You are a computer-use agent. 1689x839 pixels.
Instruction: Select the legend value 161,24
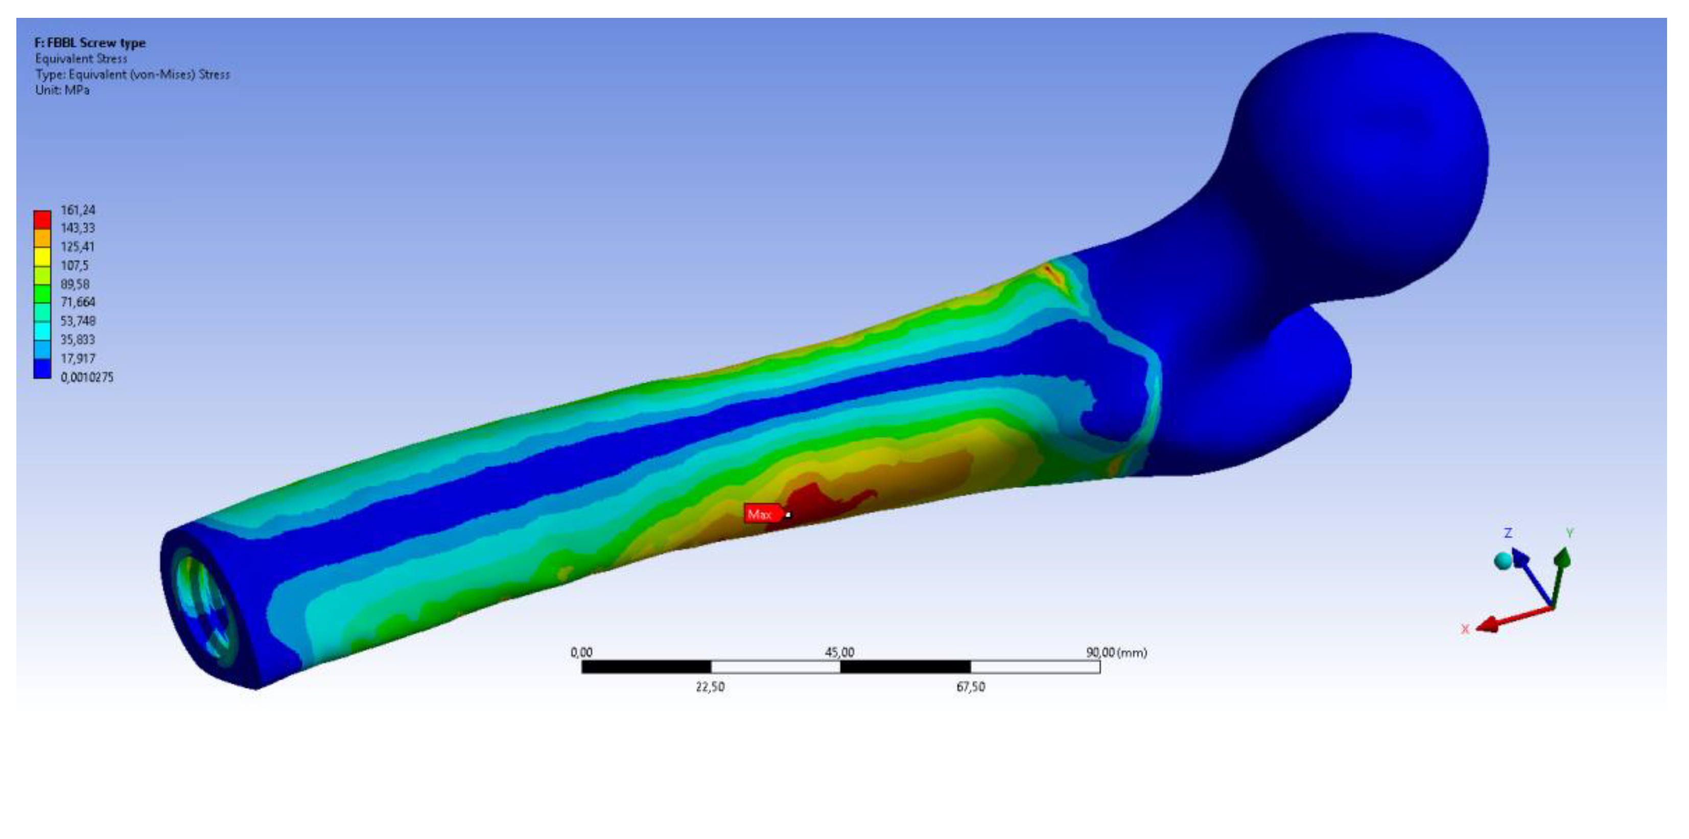pyautogui.click(x=78, y=210)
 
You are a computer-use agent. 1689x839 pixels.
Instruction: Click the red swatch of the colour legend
pyautogui.click(x=42, y=219)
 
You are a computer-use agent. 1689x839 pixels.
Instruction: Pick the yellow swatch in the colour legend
pyautogui.click(x=42, y=256)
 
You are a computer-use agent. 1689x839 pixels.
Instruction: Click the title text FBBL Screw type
pyautogui.click(x=97, y=43)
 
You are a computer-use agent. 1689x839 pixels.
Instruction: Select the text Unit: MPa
pyautogui.click(x=62, y=90)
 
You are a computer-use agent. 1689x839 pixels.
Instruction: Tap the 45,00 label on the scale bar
pyautogui.click(x=839, y=652)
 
